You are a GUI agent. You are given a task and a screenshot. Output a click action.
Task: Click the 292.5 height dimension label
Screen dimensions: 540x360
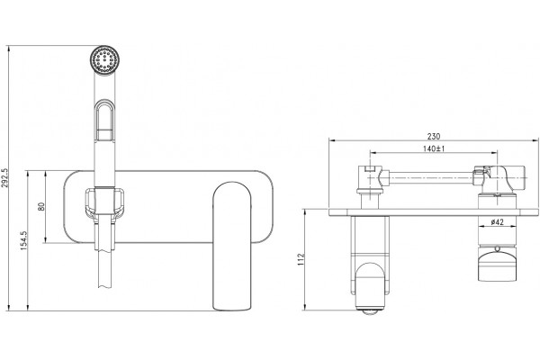click(x=4, y=178)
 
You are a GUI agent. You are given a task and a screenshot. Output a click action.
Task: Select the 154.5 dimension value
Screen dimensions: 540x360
click(x=23, y=240)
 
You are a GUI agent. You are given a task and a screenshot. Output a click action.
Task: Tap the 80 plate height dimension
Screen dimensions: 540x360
click(x=41, y=207)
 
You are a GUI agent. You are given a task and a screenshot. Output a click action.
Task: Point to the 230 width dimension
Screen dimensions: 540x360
click(x=434, y=137)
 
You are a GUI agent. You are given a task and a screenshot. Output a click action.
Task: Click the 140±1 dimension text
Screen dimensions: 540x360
click(x=434, y=148)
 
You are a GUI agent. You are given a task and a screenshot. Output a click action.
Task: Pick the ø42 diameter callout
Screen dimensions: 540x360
click(x=497, y=222)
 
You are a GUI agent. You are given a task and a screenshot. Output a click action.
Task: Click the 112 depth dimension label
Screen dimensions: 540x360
click(x=301, y=259)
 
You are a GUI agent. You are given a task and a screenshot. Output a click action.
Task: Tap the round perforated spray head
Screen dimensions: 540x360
click(x=104, y=59)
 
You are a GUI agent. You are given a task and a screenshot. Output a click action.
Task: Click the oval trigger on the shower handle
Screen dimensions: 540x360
click(x=104, y=121)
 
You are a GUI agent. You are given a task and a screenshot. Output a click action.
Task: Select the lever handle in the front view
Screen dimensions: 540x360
click(x=231, y=247)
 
